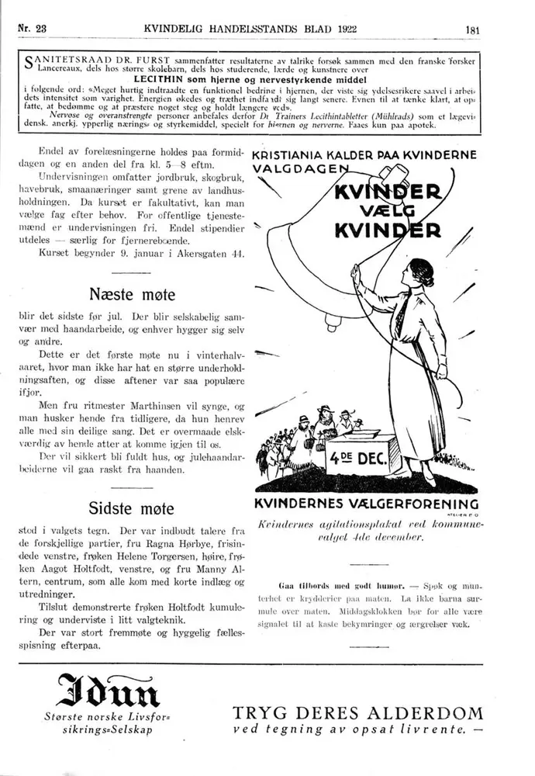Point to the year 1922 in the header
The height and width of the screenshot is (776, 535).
point(354,29)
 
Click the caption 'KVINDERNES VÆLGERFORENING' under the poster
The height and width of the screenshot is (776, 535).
point(366,504)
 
